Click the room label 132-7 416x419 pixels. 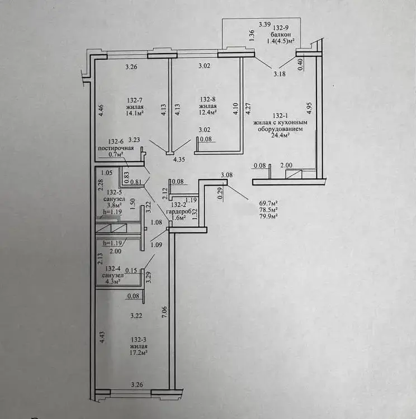tap(135, 101)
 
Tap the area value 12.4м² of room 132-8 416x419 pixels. tap(207, 112)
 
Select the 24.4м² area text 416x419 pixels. tap(280, 135)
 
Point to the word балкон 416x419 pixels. tap(280, 35)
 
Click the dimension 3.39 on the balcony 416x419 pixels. tap(264, 25)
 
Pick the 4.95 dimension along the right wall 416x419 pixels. tap(310, 108)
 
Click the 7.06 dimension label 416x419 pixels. tap(164, 312)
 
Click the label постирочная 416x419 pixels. tap(116, 148)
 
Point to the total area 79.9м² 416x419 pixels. tap(268, 216)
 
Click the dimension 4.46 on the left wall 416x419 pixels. tap(101, 111)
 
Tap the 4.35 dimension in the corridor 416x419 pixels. tap(179, 160)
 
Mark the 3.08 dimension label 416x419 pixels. tap(226, 175)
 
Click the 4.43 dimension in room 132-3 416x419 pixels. tap(102, 338)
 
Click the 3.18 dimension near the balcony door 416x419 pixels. tap(280, 74)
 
